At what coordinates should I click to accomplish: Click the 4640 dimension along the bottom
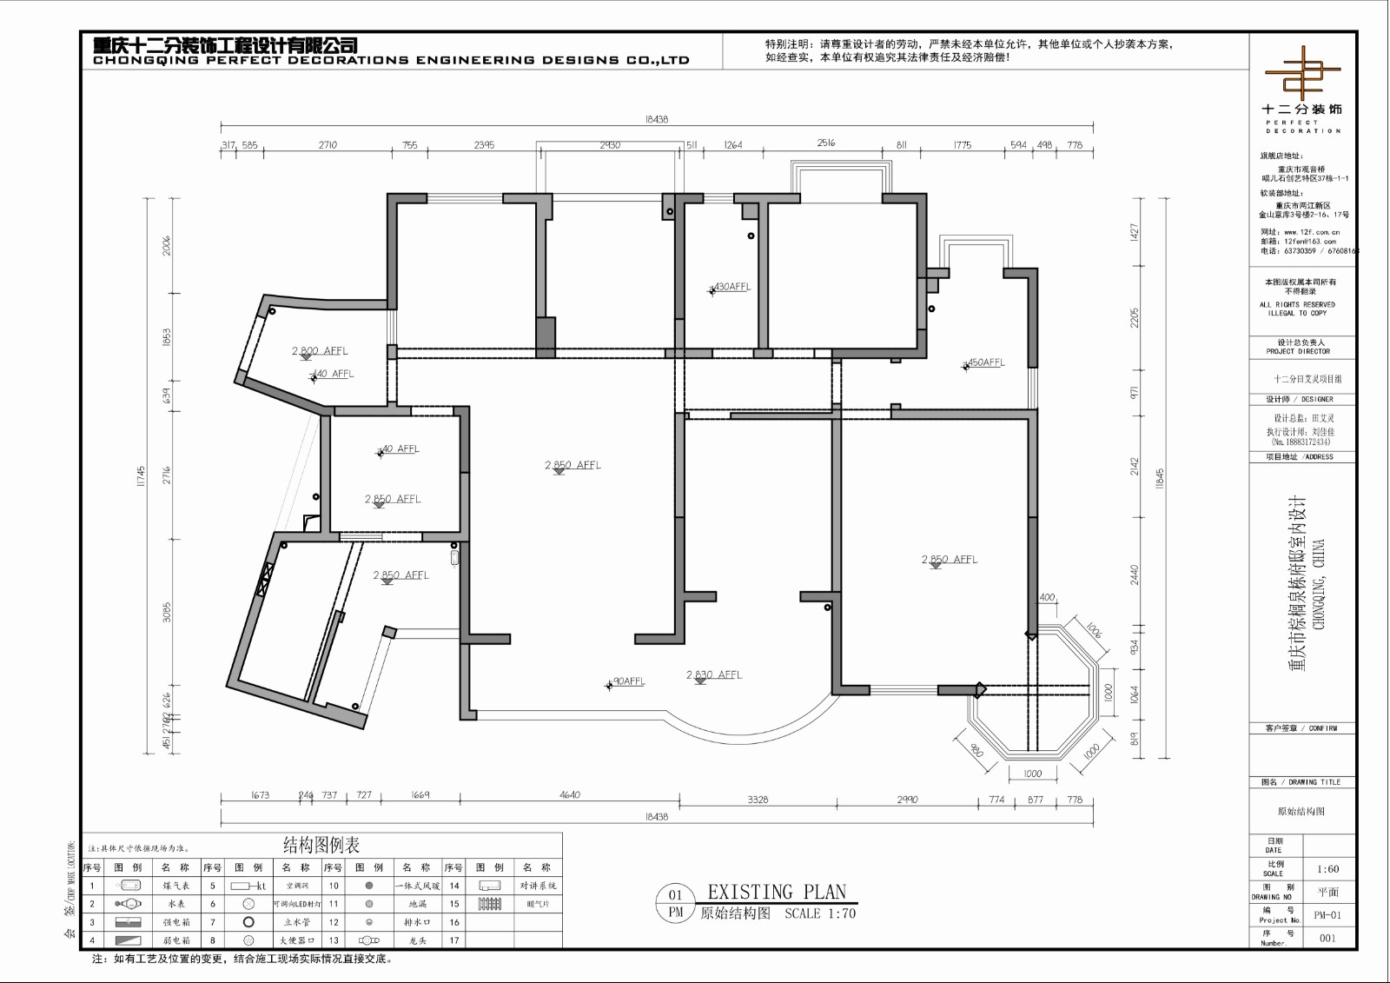tap(570, 794)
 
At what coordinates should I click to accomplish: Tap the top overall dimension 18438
tap(657, 120)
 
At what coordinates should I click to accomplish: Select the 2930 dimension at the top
tap(610, 145)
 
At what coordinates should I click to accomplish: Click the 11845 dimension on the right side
tap(1160, 480)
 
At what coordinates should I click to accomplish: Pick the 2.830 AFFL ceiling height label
tap(714, 674)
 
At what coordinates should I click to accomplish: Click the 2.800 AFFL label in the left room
tap(320, 351)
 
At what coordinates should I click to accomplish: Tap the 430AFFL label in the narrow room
tap(731, 287)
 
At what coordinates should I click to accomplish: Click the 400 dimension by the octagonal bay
tap(1047, 597)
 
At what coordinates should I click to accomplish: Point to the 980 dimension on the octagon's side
tap(976, 750)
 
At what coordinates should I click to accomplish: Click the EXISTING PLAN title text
tap(777, 892)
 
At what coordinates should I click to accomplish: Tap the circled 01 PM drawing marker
tap(676, 904)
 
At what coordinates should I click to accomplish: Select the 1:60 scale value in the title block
tap(1327, 868)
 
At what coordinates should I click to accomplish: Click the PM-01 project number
tap(1327, 914)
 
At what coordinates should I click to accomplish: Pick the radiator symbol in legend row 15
tap(490, 904)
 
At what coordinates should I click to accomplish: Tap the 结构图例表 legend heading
tap(321, 845)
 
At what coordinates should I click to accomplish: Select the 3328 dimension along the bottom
tap(758, 800)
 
